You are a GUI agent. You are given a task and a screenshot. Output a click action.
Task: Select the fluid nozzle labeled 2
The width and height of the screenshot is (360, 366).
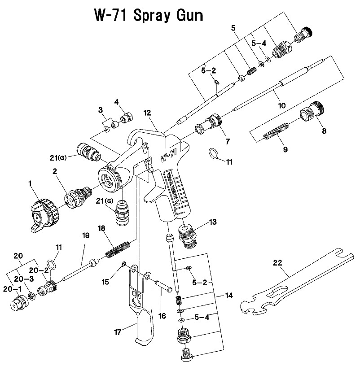75,197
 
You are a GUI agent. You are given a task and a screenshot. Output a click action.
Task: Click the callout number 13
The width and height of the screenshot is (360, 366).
212,222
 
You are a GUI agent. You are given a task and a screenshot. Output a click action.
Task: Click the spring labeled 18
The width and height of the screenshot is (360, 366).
118,249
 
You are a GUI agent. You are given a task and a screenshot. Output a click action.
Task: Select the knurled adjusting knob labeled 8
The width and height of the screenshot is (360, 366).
312,111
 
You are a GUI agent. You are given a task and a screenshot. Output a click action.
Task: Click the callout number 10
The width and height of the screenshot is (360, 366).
281,106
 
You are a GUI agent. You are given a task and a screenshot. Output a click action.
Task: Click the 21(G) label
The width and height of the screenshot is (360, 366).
59,157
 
